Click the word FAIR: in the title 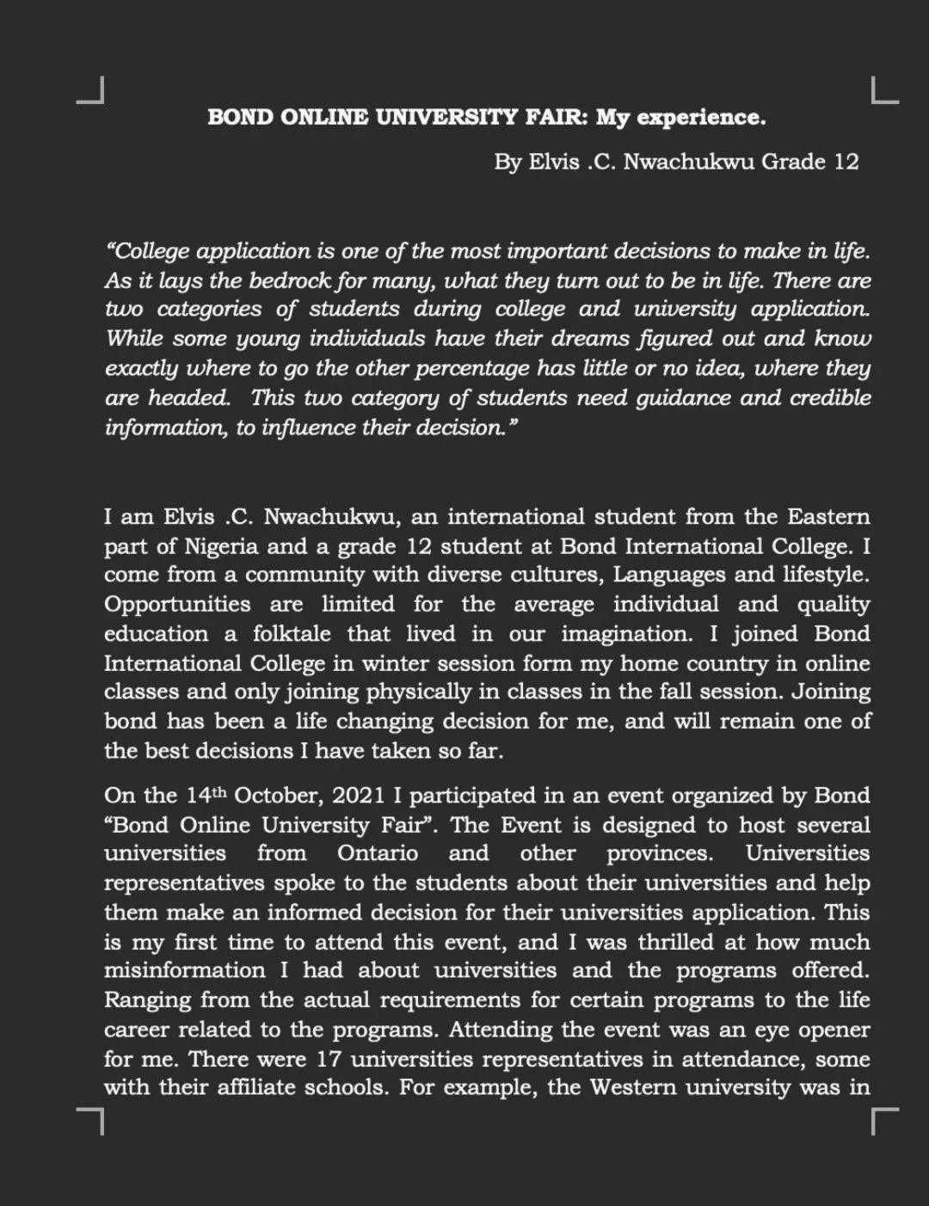click(x=557, y=117)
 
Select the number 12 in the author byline click(x=846, y=162)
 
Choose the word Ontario click(x=378, y=853)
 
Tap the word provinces click(x=660, y=853)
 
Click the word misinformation click(x=184, y=970)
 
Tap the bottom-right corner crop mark click(x=884, y=1121)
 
